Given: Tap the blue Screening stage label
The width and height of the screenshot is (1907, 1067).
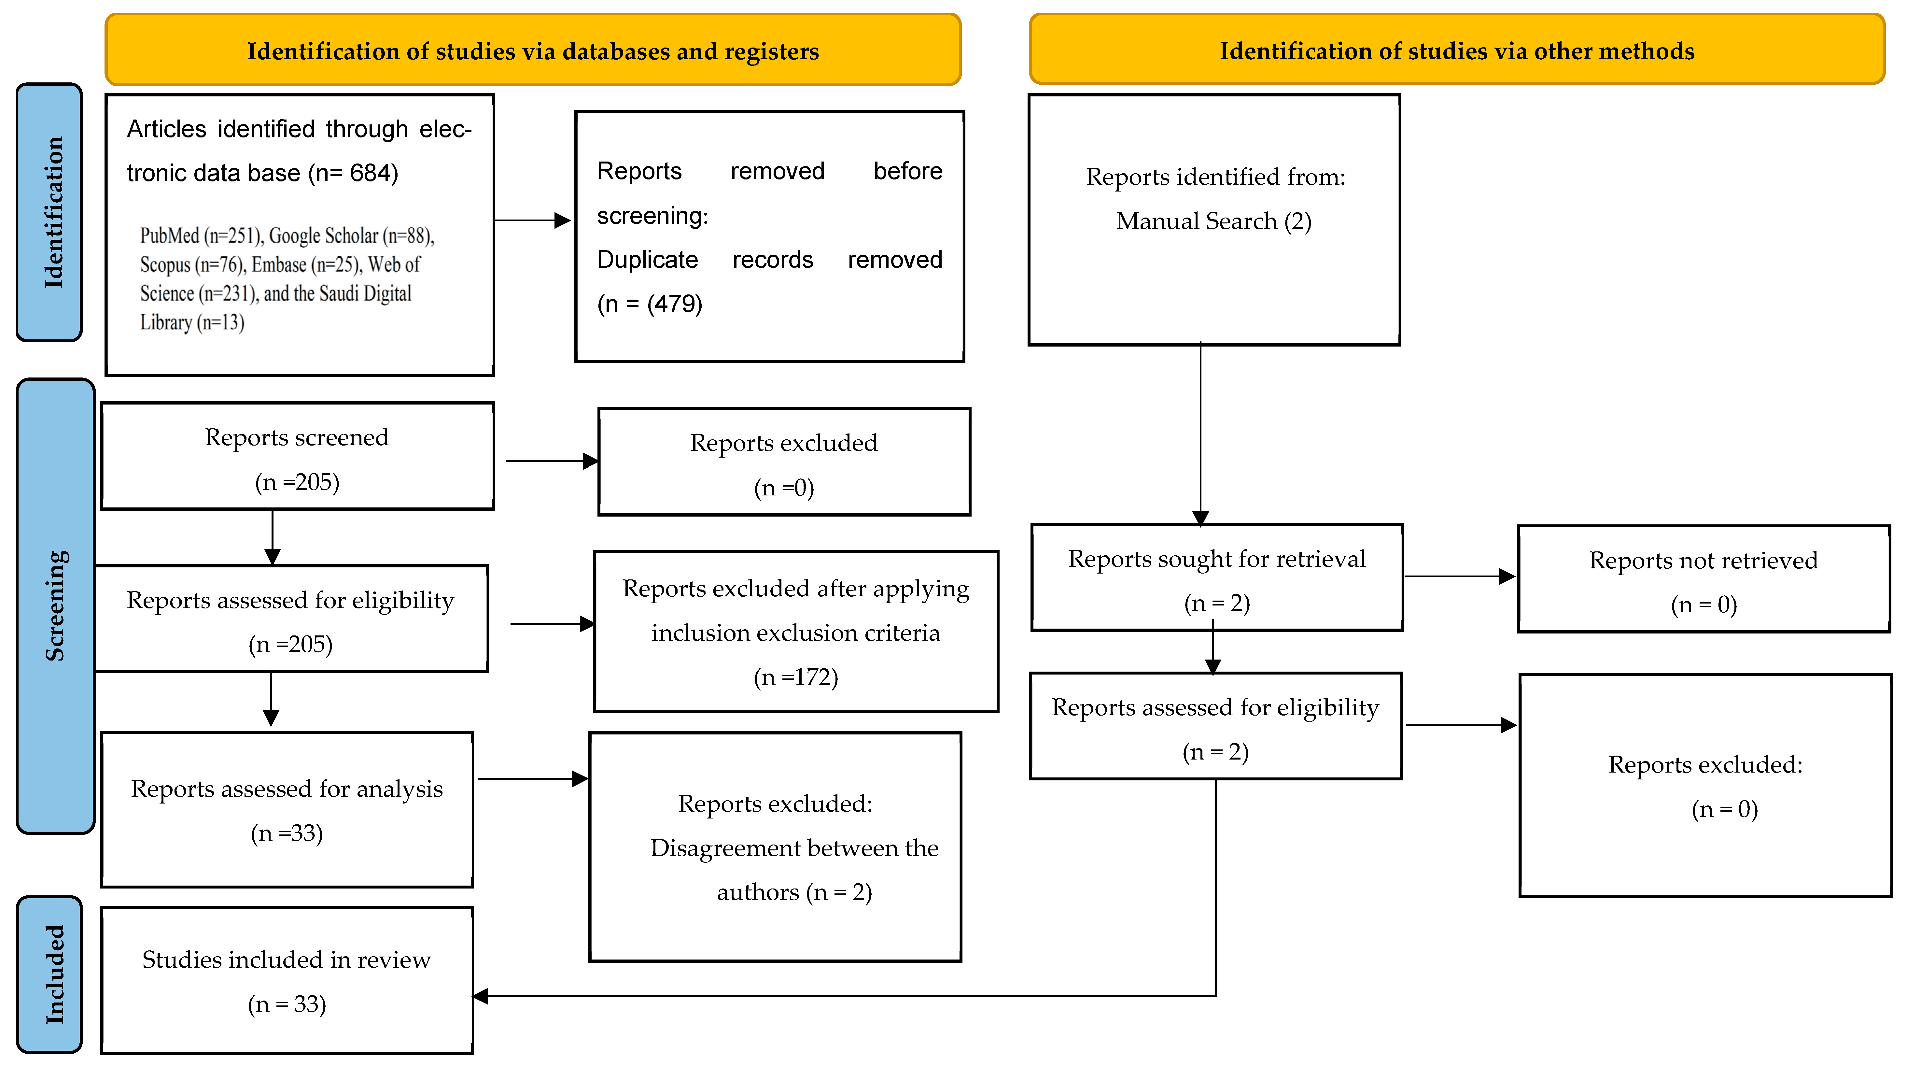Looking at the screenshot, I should click(56, 606).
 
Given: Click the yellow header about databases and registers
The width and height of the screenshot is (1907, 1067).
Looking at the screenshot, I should click(533, 50).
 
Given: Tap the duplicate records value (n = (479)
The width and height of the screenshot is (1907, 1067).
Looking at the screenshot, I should click(649, 304).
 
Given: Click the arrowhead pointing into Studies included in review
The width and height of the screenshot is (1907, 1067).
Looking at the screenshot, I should click(481, 996).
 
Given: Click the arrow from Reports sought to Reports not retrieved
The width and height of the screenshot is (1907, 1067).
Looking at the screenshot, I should click(1458, 576).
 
